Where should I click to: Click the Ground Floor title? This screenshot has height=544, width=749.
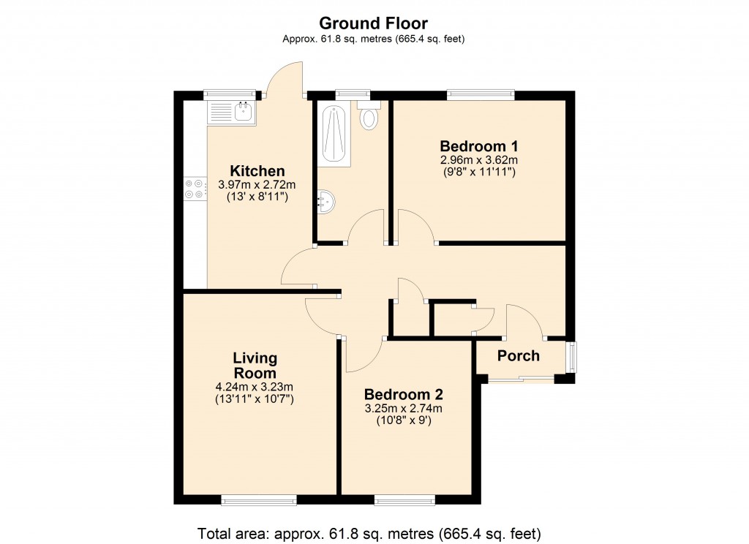point(374,24)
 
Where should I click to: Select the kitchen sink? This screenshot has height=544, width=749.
point(231,113)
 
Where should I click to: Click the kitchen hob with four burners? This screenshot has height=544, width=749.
point(195,189)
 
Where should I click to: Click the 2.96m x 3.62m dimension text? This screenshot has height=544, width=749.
point(478,159)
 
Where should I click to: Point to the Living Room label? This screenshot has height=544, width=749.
point(255,365)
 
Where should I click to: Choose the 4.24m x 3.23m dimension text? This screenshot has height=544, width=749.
point(255,387)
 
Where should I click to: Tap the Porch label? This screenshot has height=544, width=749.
point(519,356)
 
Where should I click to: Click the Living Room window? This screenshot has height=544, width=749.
point(259,500)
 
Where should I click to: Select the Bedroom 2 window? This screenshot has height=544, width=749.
point(404,500)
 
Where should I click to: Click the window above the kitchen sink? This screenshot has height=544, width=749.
point(230,94)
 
